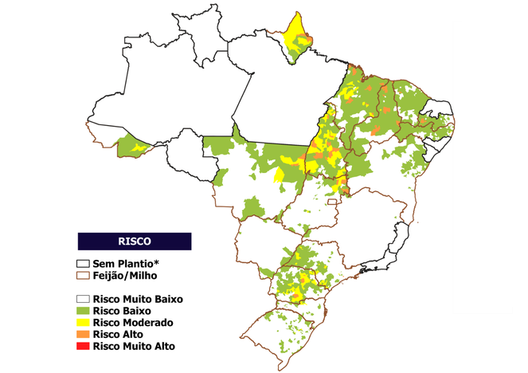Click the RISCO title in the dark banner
coord(134,240)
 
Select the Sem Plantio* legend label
coord(127,264)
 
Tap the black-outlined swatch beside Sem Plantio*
coord(83,264)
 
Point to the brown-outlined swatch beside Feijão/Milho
coord(83,275)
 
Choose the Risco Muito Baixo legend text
coord(138,299)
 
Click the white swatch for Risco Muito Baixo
coord(83,299)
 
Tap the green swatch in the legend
coord(83,311)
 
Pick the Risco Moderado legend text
coord(131,323)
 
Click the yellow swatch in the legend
coord(83,323)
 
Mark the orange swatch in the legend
coord(83,335)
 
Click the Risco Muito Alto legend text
coord(133,347)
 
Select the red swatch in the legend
coord(83,347)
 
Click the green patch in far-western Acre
coord(127,147)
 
